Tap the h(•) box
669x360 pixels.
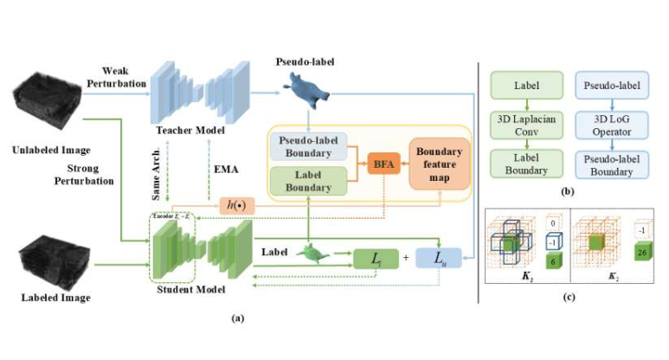232,204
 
